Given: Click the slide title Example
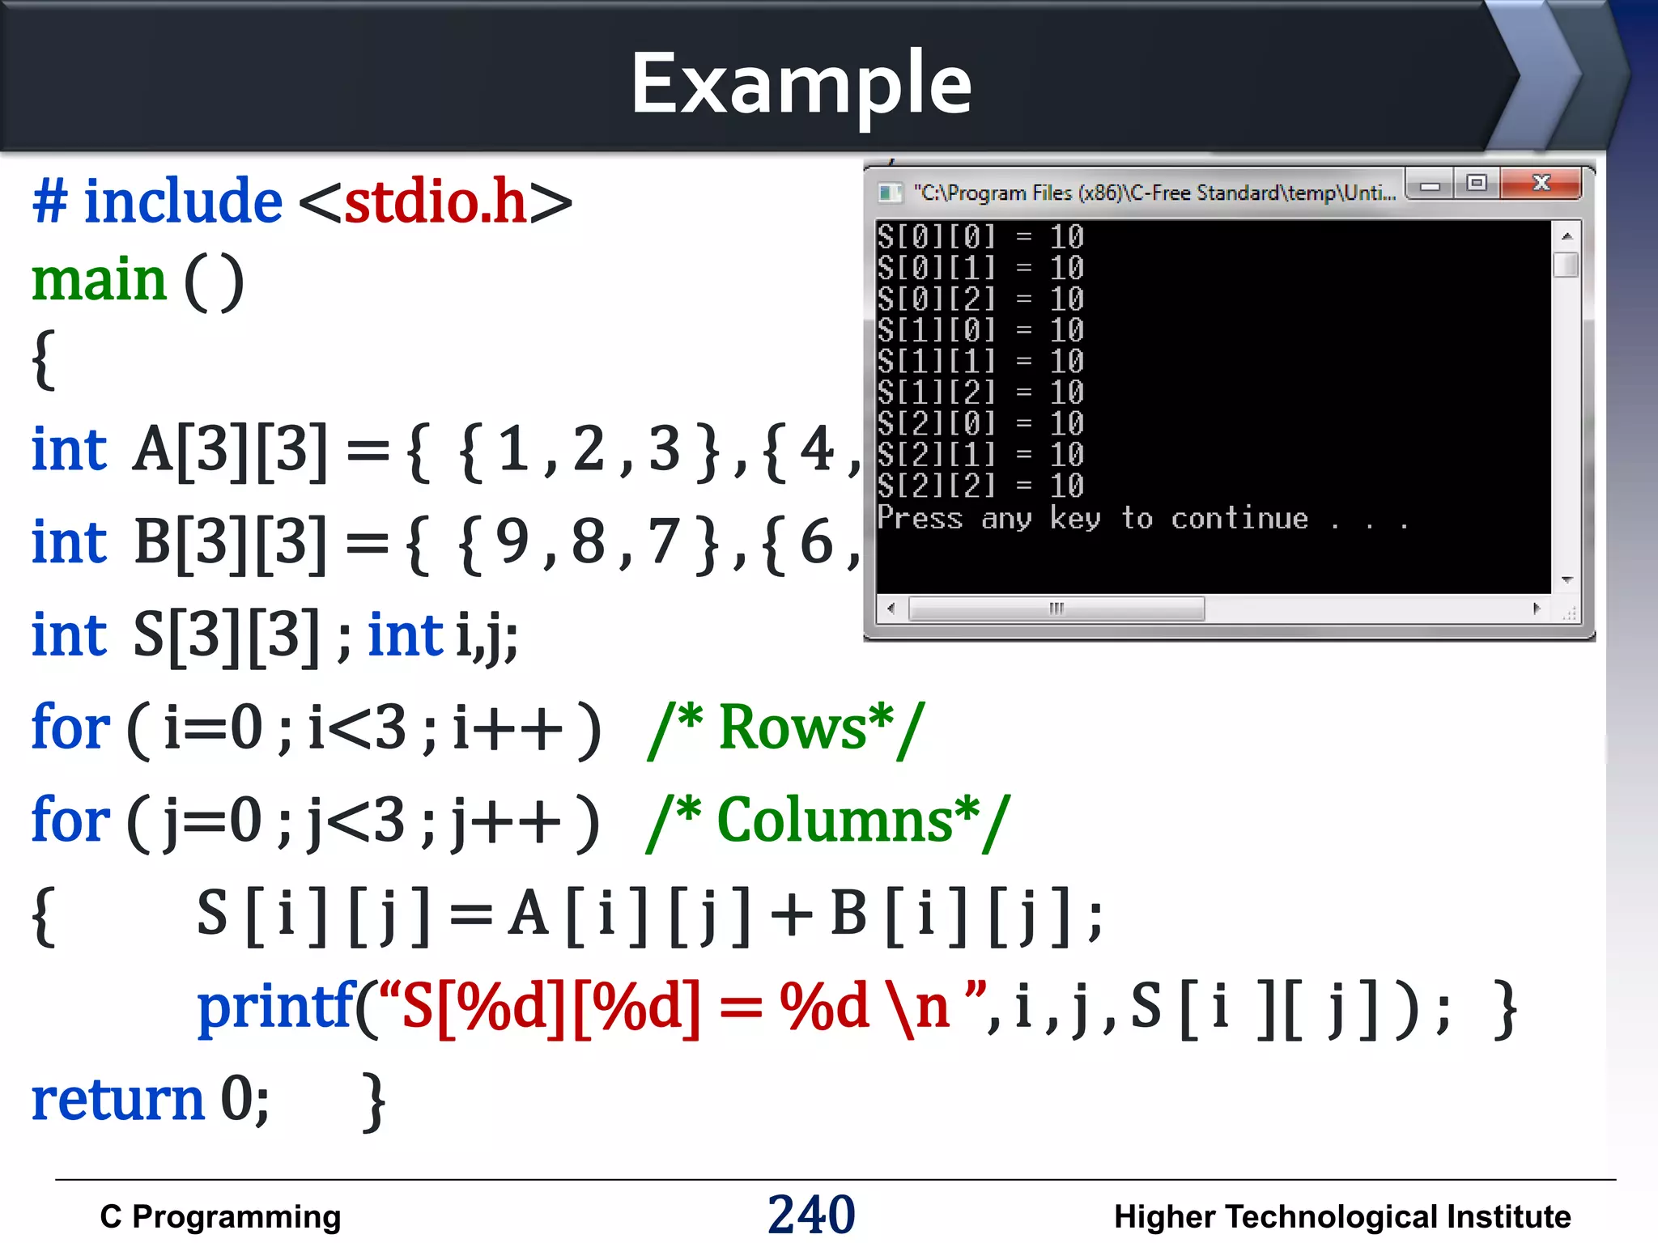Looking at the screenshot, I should pos(801,83).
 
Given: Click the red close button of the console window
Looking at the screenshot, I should pos(1541,184).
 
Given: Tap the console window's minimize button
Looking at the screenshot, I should pos(1430,185).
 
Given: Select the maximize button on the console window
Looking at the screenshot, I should pos(1477,184).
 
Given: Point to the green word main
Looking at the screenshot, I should pos(99,280).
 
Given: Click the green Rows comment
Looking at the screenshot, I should pos(786,728).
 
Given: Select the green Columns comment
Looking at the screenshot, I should pos(828,821).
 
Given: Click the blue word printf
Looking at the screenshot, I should pos(276,1007).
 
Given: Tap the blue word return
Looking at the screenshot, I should pos(118,1100).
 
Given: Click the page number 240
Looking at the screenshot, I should pos(811,1214).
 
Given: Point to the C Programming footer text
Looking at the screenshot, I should pos(220,1216).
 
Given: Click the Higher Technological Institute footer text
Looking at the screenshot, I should pos(1341,1216).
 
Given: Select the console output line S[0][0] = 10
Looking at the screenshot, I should pos(980,237).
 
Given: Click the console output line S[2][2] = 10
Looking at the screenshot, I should pos(980,486).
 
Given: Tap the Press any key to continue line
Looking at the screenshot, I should pos(1141,518).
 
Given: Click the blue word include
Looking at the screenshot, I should pos(183,201).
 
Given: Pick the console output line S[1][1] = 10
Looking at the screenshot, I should pos(980,362).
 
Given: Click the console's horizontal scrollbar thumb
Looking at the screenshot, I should pos(1056,609).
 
